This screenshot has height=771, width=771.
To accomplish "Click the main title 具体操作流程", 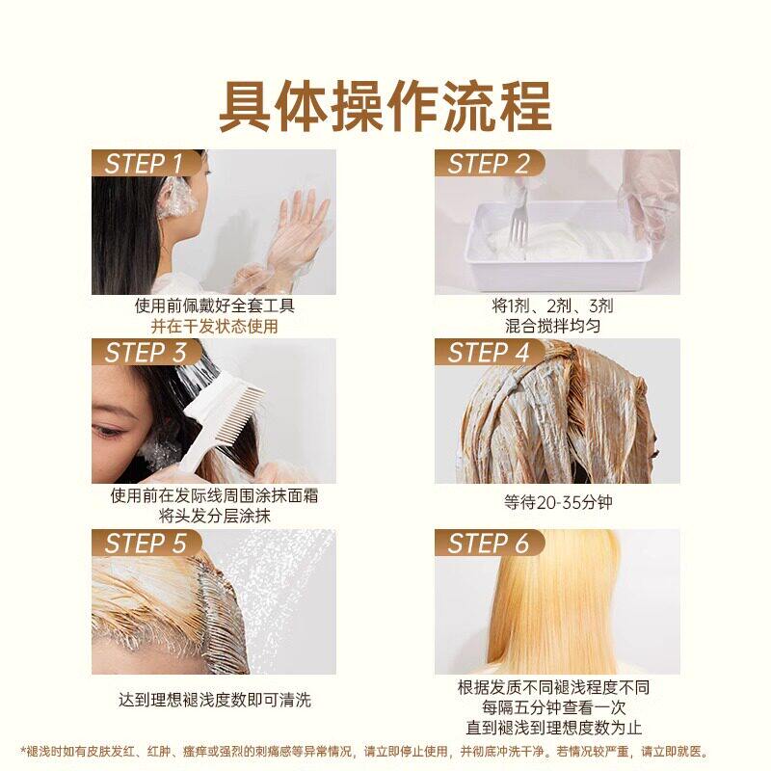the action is pyautogui.click(x=385, y=107).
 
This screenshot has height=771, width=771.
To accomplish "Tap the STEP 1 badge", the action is pyautogui.click(x=146, y=163).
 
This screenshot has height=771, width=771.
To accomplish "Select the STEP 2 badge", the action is pyautogui.click(x=490, y=163).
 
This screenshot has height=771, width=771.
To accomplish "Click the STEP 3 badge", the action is pyautogui.click(x=146, y=352).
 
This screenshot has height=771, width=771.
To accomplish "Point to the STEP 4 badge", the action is pyautogui.click(x=490, y=352).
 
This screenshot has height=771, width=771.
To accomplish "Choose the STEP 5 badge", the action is pyautogui.click(x=146, y=543).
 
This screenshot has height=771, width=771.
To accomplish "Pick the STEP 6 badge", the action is pyautogui.click(x=490, y=543).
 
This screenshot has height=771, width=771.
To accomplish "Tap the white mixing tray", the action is pyautogui.click(x=558, y=245).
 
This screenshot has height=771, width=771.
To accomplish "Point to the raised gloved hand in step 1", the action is pyautogui.click(x=299, y=227).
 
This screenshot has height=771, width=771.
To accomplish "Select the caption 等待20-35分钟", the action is pyautogui.click(x=558, y=502).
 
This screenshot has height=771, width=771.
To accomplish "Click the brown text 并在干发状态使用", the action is pyautogui.click(x=214, y=326).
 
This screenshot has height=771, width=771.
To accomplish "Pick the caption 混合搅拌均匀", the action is pyautogui.click(x=552, y=326).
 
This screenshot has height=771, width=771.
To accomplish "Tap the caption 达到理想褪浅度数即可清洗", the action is pyautogui.click(x=215, y=700).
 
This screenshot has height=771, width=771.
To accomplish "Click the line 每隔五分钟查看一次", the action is pyautogui.click(x=553, y=707).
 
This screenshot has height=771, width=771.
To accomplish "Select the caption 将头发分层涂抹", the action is pyautogui.click(x=215, y=516).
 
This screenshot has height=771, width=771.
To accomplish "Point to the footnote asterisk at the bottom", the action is pyautogui.click(x=23, y=751).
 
